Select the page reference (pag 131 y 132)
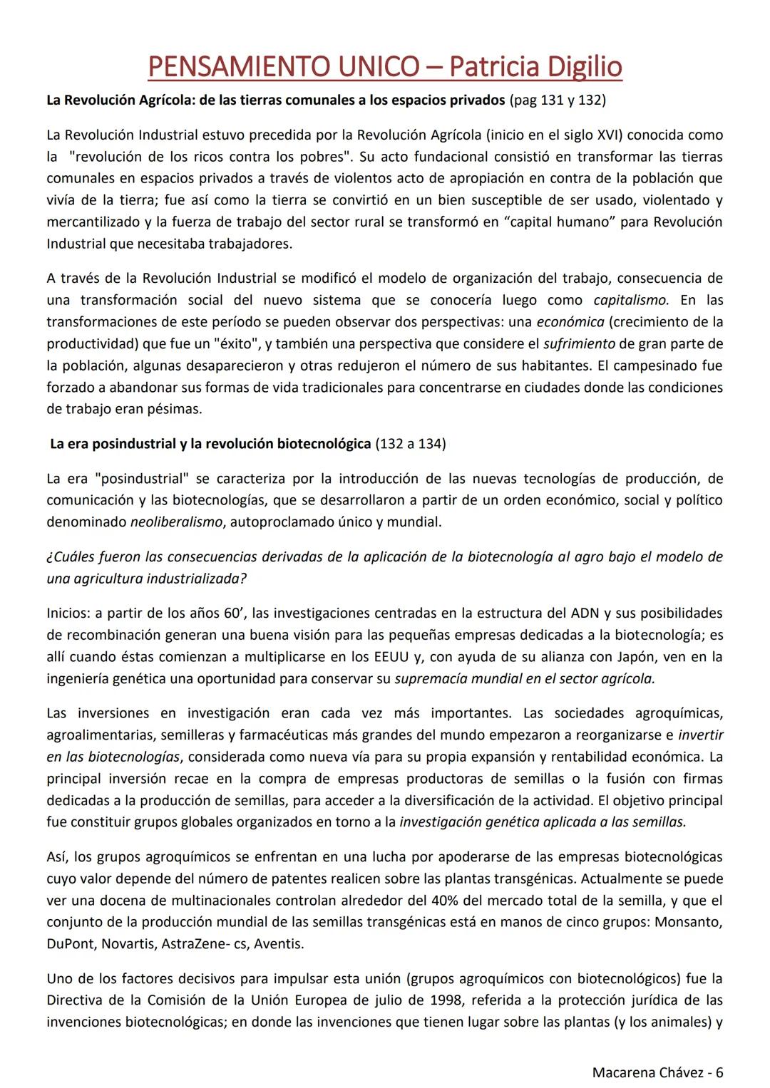[x=558, y=100]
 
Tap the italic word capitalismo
[x=631, y=300]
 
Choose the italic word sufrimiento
[x=579, y=343]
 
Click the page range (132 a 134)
[x=411, y=444]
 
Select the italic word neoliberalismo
[x=176, y=522]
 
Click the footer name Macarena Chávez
[x=649, y=1072]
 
